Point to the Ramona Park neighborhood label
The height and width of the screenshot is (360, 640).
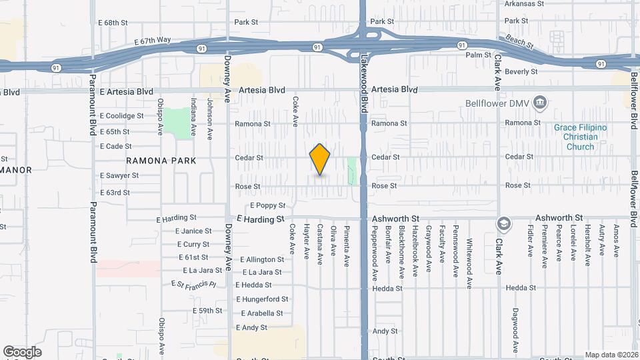(161, 161)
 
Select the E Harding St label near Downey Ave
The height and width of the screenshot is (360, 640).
(261, 219)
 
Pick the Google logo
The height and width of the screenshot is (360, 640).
(22, 352)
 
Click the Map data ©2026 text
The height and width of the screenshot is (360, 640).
(611, 355)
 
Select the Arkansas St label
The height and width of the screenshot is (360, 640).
(525, 3)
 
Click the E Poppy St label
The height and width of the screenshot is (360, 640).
(268, 205)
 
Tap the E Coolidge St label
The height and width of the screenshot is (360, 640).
(122, 115)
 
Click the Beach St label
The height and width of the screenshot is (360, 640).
(521, 42)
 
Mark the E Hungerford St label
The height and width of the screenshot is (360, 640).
(262, 299)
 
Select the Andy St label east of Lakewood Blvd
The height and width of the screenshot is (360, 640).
(385, 331)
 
